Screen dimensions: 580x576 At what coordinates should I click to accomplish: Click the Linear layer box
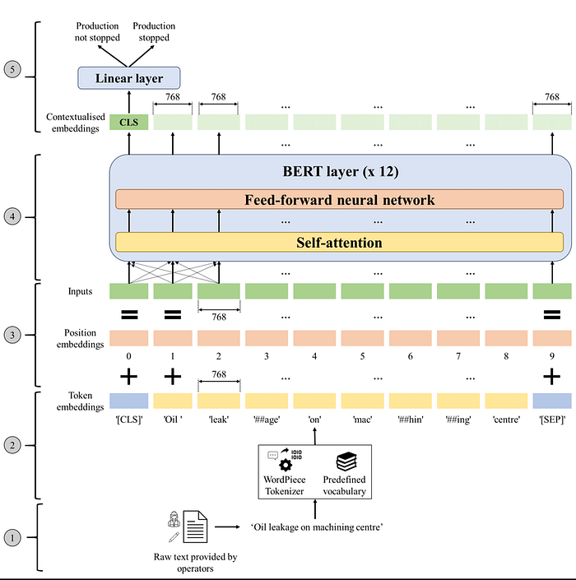128,77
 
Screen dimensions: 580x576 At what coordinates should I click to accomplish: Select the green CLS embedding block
128,123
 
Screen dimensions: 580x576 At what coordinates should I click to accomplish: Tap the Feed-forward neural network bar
339,200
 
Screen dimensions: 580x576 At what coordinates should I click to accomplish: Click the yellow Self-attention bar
339,243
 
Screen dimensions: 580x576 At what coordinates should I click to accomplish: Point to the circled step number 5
12,69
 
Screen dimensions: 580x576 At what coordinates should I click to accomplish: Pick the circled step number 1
12,539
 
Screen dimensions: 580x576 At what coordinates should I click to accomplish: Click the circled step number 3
12,335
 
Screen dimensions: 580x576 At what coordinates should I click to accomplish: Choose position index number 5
362,358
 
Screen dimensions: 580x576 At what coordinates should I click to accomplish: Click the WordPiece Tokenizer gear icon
286,464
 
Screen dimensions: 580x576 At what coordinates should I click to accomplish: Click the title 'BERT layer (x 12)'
339,174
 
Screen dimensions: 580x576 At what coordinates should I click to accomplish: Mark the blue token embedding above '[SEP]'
551,401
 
